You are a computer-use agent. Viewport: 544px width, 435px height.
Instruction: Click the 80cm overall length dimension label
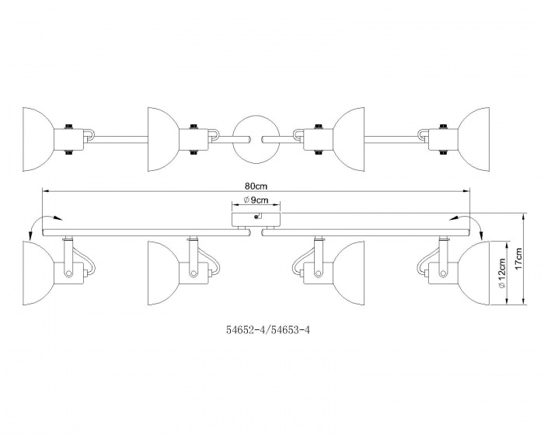point(256,186)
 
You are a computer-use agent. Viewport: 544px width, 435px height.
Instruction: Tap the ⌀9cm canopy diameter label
point(256,200)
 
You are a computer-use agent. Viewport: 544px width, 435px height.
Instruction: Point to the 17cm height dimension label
point(518,259)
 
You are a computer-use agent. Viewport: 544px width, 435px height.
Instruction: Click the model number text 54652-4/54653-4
point(268,330)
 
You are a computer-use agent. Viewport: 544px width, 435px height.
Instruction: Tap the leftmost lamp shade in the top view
point(39,139)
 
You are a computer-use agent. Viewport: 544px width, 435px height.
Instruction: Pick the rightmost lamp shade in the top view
point(473,139)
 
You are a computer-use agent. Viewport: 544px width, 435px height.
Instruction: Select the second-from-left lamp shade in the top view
point(164,139)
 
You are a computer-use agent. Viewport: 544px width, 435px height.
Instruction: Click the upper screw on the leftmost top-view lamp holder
point(68,127)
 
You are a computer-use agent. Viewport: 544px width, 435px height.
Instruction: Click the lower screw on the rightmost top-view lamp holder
point(442,152)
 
